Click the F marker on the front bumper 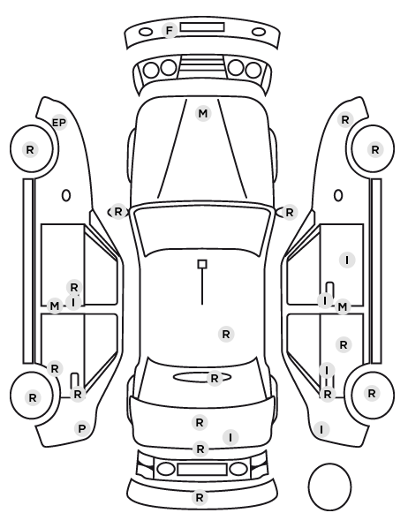point(170,30)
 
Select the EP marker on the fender point(59,123)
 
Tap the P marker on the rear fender point(82,428)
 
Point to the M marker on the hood point(203,114)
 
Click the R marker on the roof point(226,335)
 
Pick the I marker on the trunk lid point(230,437)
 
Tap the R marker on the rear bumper point(200,497)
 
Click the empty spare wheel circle point(329,487)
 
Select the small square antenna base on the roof point(202,264)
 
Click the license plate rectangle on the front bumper point(202,27)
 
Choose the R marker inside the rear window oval point(215,379)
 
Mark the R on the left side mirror point(118,212)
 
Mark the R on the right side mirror point(290,213)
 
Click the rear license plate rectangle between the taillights point(202,469)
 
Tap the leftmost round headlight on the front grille point(151,71)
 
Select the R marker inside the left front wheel point(30,149)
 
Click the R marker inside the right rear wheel point(372,393)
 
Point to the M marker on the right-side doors point(342,306)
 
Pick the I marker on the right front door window point(347,260)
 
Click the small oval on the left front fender point(66,195)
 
